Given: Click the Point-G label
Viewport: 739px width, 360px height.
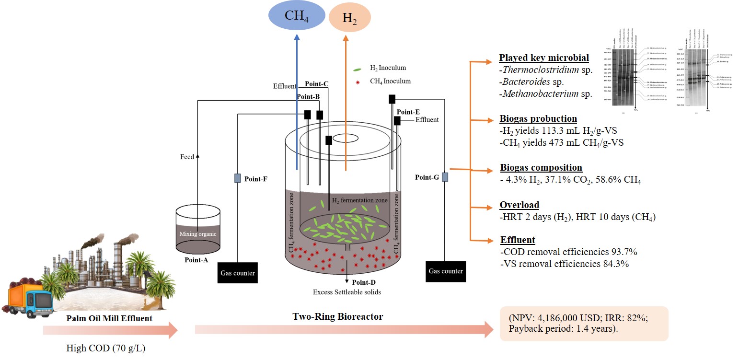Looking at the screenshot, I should click(x=427, y=177).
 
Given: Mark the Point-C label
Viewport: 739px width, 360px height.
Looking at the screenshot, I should click(x=317, y=84).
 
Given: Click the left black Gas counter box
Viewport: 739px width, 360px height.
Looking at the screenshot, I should click(x=238, y=273).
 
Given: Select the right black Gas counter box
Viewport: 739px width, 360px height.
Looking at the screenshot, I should click(x=446, y=271).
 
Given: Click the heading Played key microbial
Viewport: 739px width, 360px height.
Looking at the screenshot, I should click(x=544, y=58).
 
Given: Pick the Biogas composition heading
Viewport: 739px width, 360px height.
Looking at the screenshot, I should click(x=541, y=168).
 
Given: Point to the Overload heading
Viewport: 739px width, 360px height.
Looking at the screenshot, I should click(x=520, y=206).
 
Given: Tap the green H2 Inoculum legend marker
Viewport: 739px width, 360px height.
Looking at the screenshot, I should click(x=357, y=70).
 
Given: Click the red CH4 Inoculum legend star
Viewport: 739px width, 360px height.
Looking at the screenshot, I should click(x=358, y=82).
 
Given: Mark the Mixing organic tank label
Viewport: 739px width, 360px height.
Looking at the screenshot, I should click(x=198, y=234).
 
